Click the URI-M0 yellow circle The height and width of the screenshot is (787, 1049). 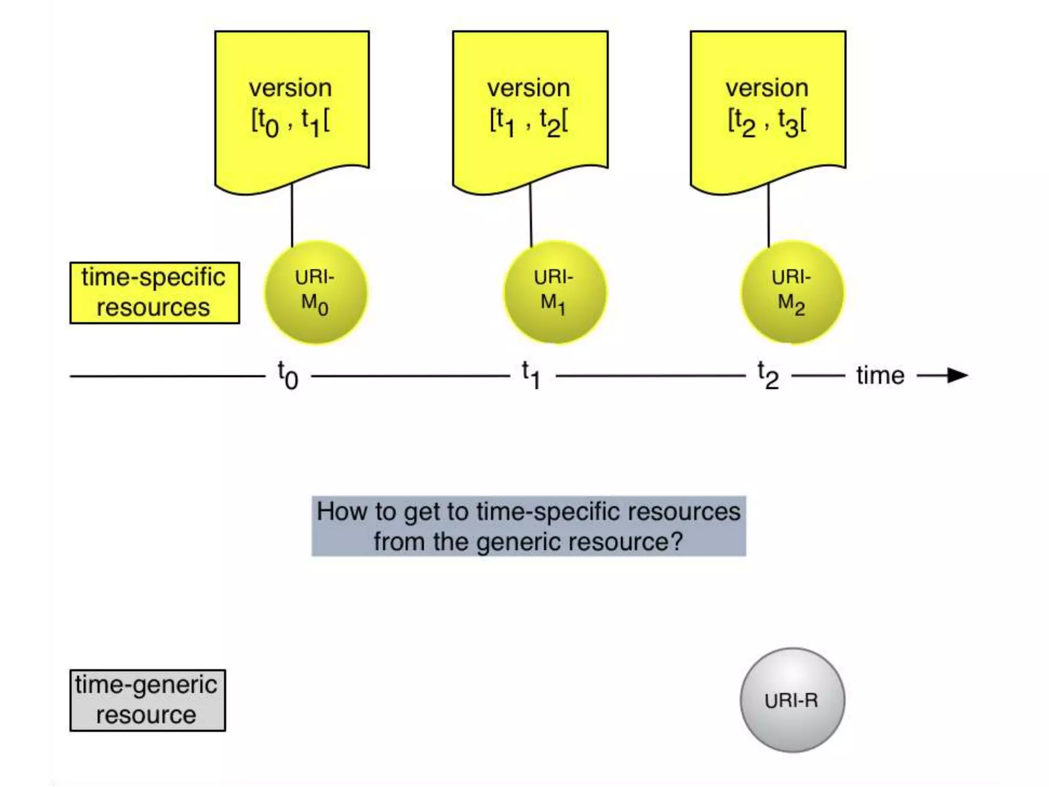coord(316,293)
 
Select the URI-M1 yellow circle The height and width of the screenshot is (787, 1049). coord(555,293)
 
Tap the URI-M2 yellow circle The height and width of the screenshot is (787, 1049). coord(792,293)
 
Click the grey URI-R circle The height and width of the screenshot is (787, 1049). coord(792,700)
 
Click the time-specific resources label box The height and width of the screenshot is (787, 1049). coord(155,293)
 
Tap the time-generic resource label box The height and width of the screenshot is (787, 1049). coord(148,700)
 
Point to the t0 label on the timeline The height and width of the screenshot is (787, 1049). coord(288,376)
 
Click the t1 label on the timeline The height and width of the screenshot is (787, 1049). coord(532,376)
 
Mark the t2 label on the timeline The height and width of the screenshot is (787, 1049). coord(768,376)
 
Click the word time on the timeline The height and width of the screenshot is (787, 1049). coord(880,376)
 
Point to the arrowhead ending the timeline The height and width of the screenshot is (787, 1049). coord(957,376)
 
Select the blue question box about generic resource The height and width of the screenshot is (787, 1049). coord(529,526)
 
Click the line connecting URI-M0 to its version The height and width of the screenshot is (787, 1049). coord(292,215)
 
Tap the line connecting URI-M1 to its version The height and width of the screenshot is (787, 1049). coord(531,215)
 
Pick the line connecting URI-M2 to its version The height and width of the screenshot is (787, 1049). coord(768,215)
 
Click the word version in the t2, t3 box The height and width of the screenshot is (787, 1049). coord(767,88)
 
